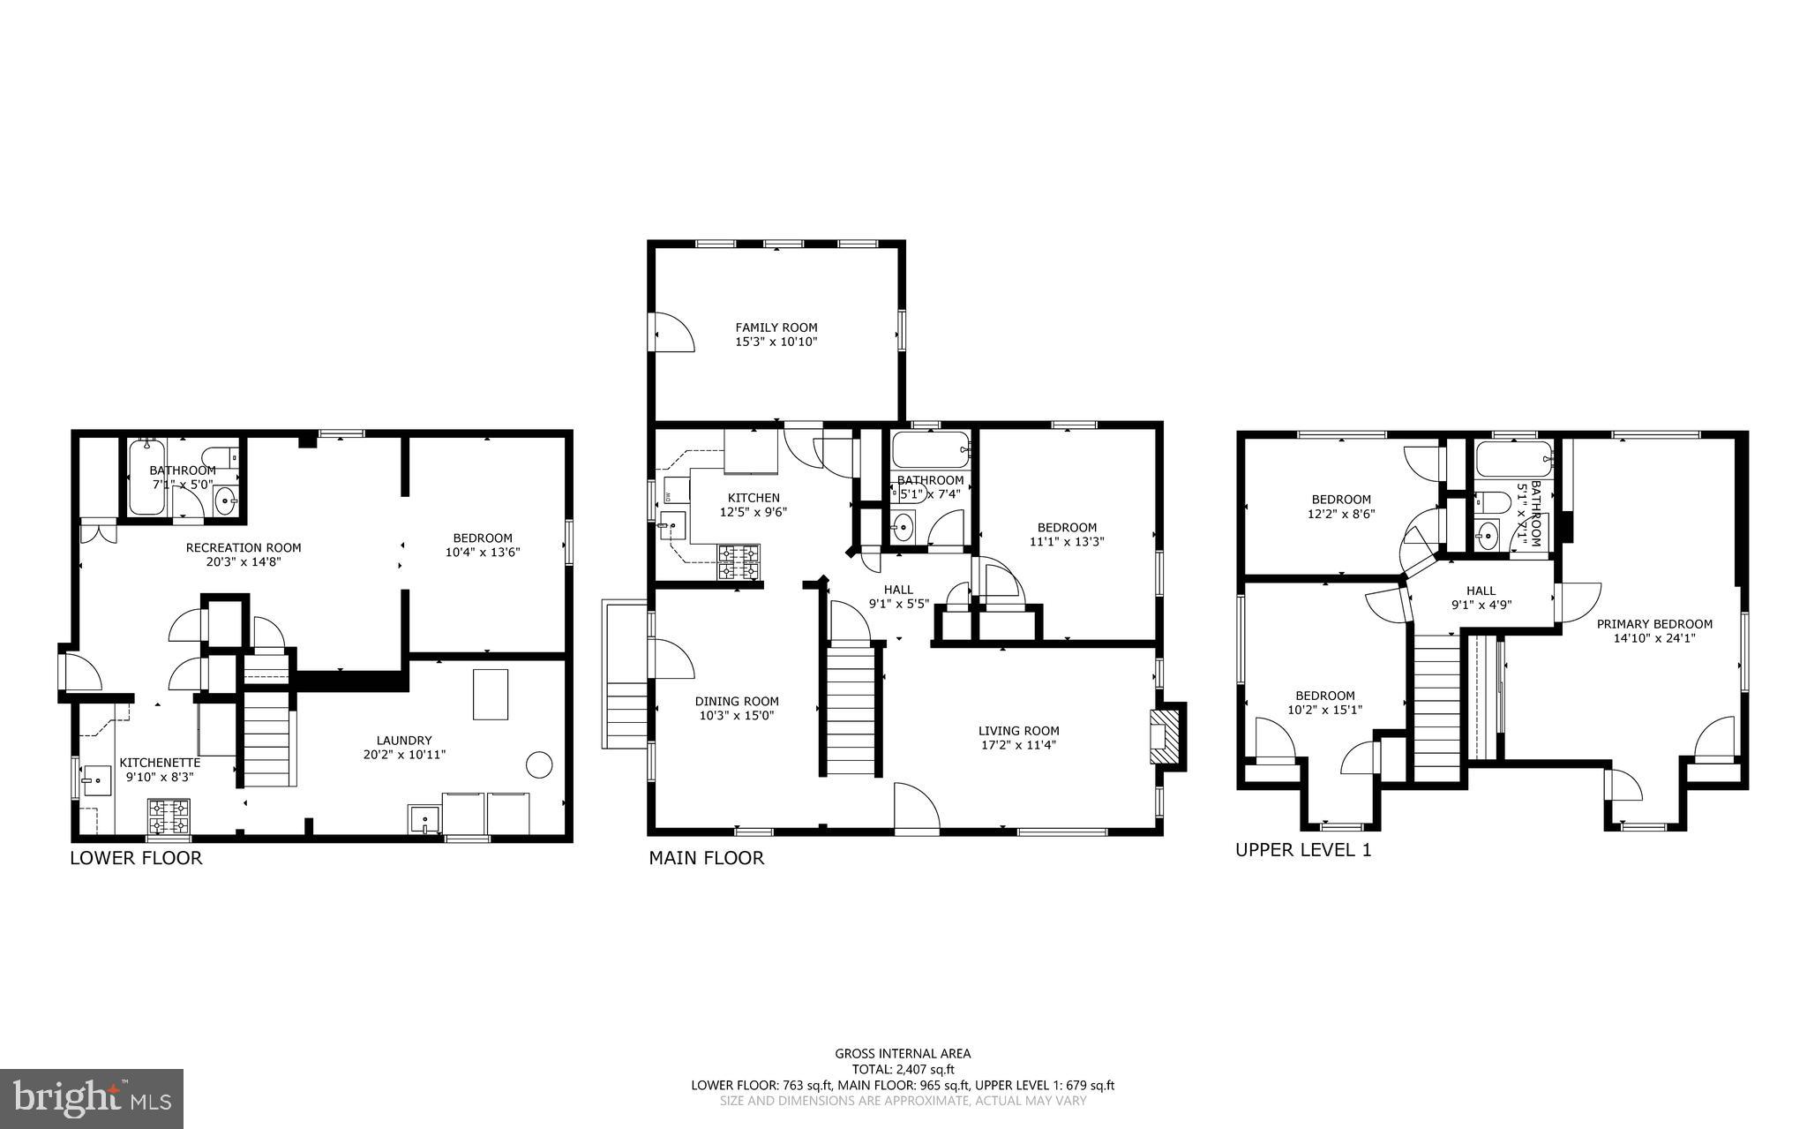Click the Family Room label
pyautogui.click(x=776, y=327)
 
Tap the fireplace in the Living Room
pyautogui.click(x=1166, y=734)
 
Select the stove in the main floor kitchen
pyautogui.click(x=739, y=562)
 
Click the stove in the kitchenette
pyautogui.click(x=169, y=817)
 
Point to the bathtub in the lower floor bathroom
pyautogui.click(x=147, y=477)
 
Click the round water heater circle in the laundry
pyautogui.click(x=539, y=764)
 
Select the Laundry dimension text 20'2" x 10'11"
pyautogui.click(x=404, y=755)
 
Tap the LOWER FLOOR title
pyautogui.click(x=136, y=858)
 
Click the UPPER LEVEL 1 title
pyautogui.click(x=1303, y=850)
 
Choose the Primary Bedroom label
pyautogui.click(x=1654, y=624)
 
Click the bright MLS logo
pyautogui.click(x=92, y=1098)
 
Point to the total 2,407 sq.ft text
pyautogui.click(x=903, y=1069)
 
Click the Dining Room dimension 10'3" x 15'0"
pyautogui.click(x=737, y=716)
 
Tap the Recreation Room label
pyautogui.click(x=244, y=547)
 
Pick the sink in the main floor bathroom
pyautogui.click(x=903, y=529)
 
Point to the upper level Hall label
pyautogui.click(x=1481, y=591)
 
